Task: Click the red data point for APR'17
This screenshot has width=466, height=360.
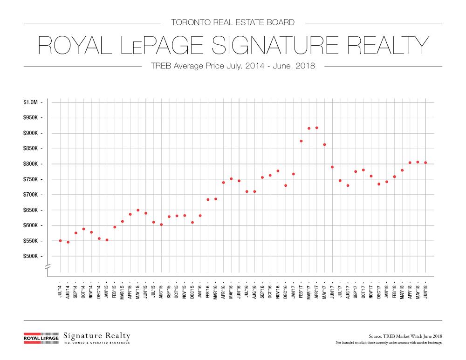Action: [x=317, y=128]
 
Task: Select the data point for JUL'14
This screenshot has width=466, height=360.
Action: [x=61, y=241]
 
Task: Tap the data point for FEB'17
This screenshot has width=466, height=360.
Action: [x=301, y=141]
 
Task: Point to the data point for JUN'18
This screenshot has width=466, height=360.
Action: [x=425, y=163]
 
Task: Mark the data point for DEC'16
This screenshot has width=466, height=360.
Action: [x=286, y=185]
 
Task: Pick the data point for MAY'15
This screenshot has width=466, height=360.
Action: [x=138, y=210]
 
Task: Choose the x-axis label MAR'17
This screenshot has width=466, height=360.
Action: [x=309, y=291]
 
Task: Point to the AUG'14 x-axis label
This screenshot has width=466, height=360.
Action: [x=69, y=291]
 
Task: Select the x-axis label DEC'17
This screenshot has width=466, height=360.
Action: [x=379, y=291]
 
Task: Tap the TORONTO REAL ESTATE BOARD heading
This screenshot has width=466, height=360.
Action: [x=233, y=22]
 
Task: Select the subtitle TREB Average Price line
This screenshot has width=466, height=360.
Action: [x=233, y=66]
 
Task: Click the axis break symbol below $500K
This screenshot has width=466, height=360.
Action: [x=47, y=266]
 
